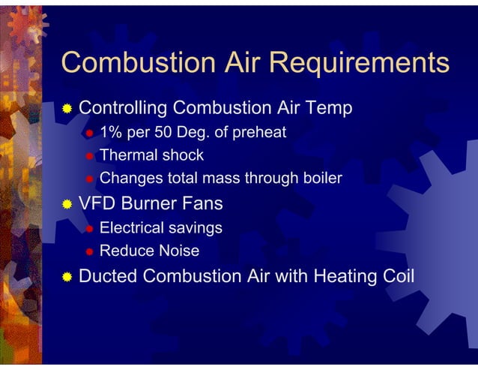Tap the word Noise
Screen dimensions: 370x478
pyautogui.click(x=179, y=251)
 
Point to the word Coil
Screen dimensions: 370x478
pyautogui.click(x=397, y=275)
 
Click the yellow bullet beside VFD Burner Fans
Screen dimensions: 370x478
pyautogui.click(x=67, y=204)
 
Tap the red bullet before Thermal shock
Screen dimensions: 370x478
pyautogui.click(x=88, y=157)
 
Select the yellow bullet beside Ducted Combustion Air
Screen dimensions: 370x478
pyautogui.click(x=67, y=276)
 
